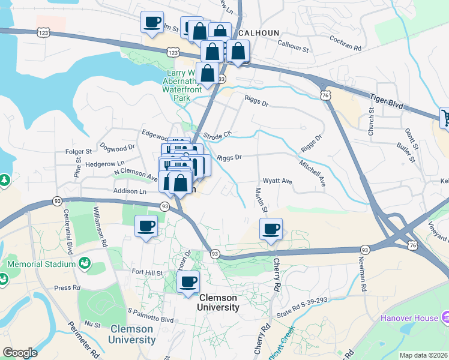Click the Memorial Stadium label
pyautogui.click(x=41, y=264)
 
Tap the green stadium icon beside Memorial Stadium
pyautogui.click(x=85, y=263)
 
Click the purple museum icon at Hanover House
pyautogui.click(x=445, y=316)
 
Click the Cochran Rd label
pyautogui.click(x=346, y=43)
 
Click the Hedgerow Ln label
pyautogui.click(x=104, y=163)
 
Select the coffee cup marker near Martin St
pyautogui.click(x=271, y=229)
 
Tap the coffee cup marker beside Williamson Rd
pyautogui.click(x=146, y=226)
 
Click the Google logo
pyautogui.click(x=20, y=353)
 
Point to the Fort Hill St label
pyautogui.click(x=147, y=272)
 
